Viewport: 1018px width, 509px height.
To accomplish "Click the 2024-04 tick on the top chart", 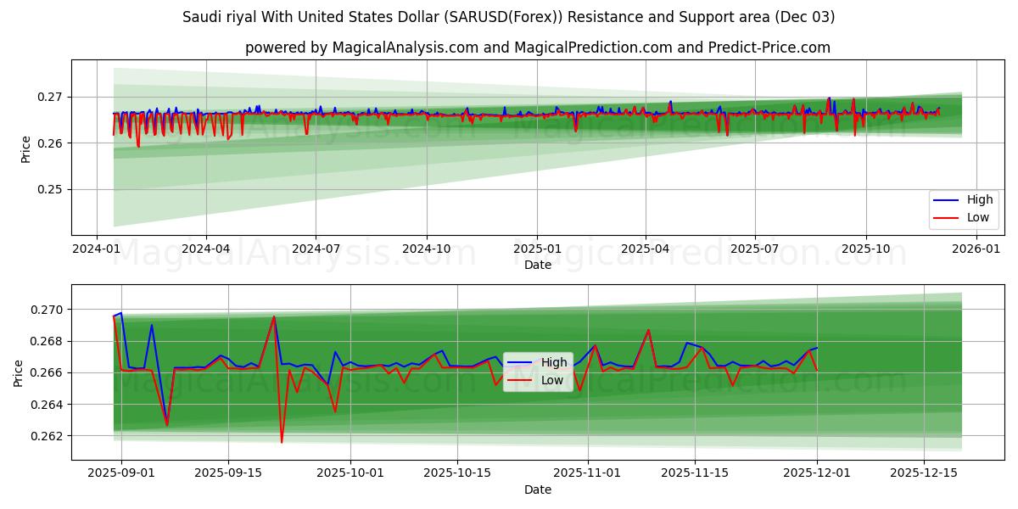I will click(x=206, y=249).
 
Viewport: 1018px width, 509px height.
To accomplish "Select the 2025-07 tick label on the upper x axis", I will click(x=755, y=249).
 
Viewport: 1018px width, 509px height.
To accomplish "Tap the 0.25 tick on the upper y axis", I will click(x=49, y=189).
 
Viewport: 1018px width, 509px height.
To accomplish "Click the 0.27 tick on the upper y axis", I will click(x=49, y=97).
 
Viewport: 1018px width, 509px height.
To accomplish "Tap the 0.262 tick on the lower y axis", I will click(x=45, y=436).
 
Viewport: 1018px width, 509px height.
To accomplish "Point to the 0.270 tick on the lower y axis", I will click(x=45, y=310).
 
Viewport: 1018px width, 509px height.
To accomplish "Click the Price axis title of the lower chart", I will click(x=19, y=372).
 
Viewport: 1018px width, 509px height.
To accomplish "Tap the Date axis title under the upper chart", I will click(x=537, y=265).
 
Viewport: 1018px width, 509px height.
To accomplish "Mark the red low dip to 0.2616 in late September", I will click(x=282, y=442).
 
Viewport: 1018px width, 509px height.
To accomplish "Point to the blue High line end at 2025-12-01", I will click(x=817, y=348).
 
